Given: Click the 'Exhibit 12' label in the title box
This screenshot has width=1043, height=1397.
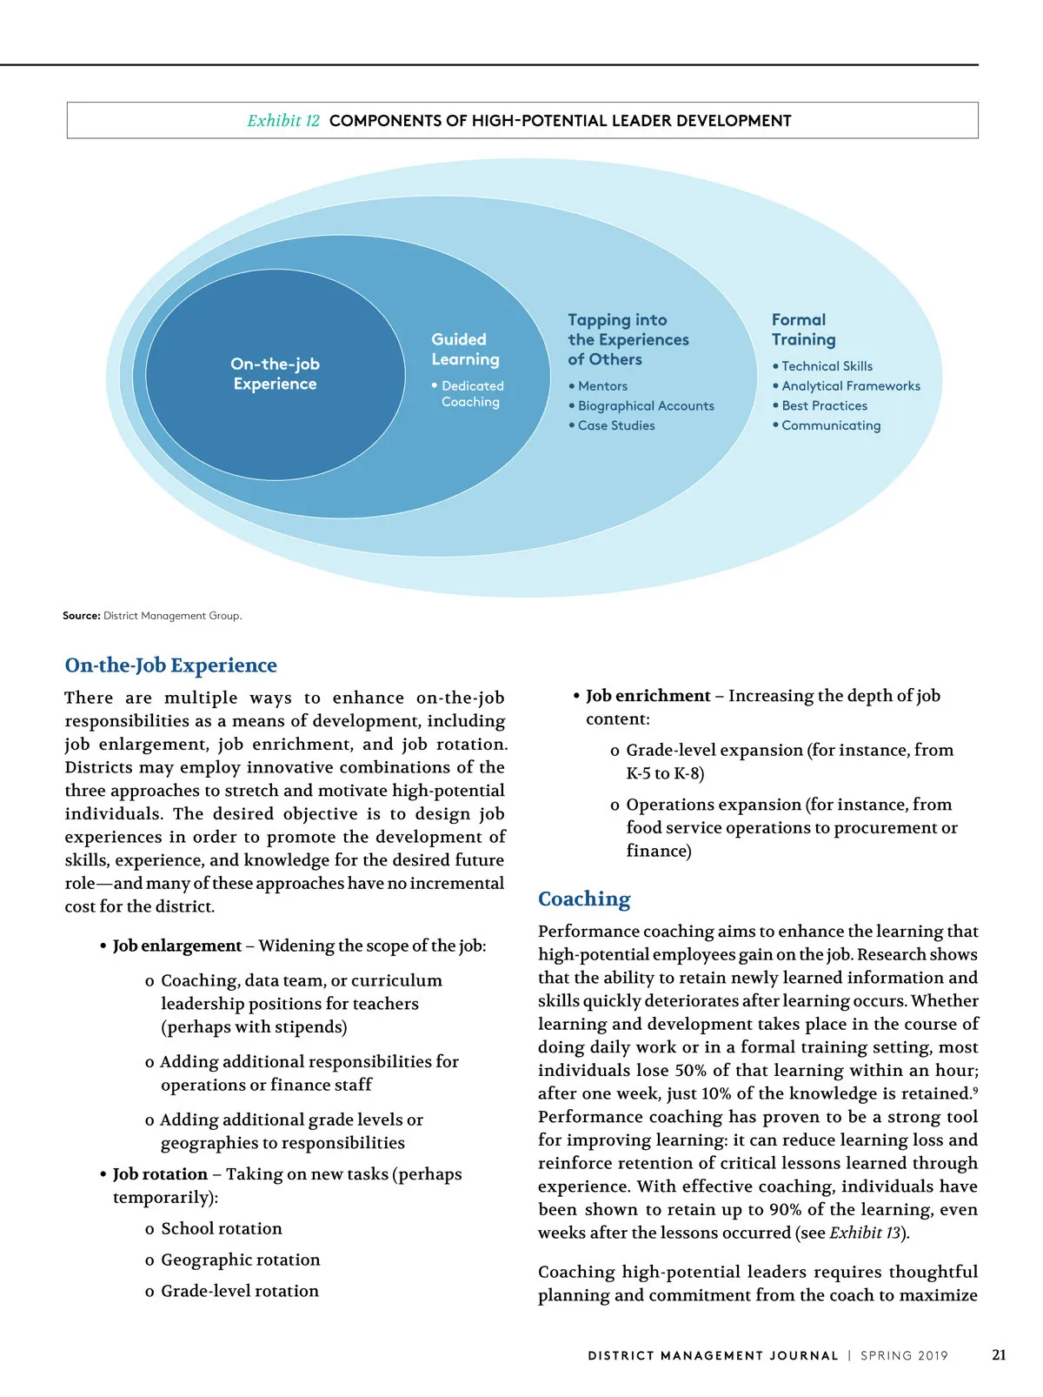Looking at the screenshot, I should click(x=283, y=121).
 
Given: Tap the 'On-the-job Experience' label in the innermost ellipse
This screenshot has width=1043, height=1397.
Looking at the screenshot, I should click(x=275, y=374).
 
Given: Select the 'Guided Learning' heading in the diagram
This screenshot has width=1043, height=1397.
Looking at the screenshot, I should click(x=465, y=349).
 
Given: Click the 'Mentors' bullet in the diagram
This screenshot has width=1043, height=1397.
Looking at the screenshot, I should click(x=602, y=386).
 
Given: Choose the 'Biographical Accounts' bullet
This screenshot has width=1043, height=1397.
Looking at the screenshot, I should click(x=646, y=406).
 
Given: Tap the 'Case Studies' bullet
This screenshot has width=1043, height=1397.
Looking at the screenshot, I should click(x=616, y=426).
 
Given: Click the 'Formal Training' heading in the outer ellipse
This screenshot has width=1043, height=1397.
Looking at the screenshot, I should click(x=803, y=330).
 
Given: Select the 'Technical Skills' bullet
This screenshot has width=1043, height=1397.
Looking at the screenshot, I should click(x=827, y=366).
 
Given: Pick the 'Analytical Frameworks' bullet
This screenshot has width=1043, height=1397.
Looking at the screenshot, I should click(x=850, y=386).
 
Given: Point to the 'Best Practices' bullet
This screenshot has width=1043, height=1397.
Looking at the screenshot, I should click(x=824, y=406).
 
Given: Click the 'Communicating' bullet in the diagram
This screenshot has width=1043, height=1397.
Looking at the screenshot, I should click(x=831, y=426).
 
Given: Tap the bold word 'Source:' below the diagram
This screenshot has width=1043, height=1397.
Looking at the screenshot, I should click(x=81, y=616).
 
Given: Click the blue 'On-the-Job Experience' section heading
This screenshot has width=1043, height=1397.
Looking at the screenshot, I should click(x=170, y=665).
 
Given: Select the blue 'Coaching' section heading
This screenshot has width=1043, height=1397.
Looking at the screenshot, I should click(x=584, y=899).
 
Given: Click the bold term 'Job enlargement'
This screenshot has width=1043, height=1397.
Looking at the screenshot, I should click(x=177, y=946).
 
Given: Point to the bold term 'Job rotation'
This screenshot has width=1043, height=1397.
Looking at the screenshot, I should click(x=160, y=1174).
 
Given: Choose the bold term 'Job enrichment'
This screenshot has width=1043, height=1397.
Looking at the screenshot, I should click(x=648, y=696).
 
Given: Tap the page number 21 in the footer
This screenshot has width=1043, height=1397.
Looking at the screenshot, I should click(x=999, y=1355).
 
